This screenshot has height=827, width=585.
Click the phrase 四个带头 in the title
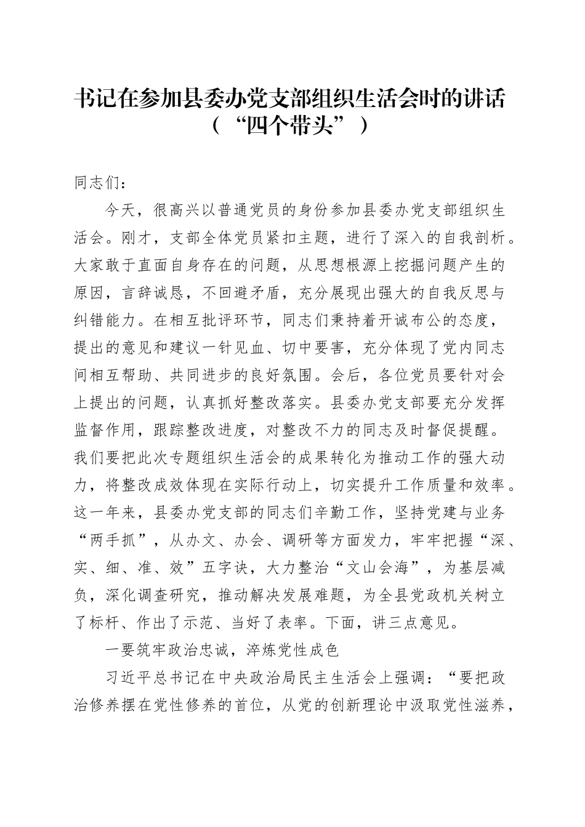click(291, 126)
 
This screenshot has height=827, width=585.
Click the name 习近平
click(131, 678)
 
